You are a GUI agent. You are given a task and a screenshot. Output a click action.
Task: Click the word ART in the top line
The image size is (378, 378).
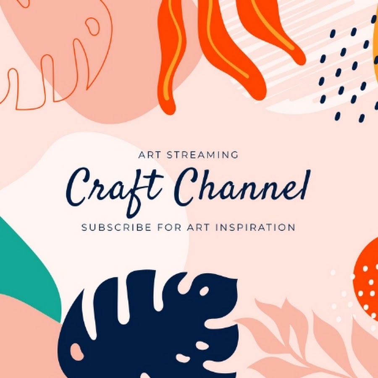(147, 155)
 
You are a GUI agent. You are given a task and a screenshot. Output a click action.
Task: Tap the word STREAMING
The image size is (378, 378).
(202, 155)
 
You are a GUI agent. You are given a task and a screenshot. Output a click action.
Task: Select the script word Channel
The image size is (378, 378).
(242, 187)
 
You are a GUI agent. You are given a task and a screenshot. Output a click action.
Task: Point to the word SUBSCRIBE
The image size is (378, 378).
(116, 227)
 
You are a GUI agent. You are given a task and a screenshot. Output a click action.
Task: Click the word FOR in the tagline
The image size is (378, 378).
(169, 227)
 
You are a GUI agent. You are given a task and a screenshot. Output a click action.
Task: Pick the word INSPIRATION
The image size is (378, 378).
(255, 227)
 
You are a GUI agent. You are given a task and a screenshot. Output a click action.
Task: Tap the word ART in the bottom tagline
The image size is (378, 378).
(198, 227)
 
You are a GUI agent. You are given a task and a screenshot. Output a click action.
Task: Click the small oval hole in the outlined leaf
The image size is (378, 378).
(92, 26)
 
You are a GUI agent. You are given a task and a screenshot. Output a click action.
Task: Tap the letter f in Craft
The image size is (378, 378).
(135, 193)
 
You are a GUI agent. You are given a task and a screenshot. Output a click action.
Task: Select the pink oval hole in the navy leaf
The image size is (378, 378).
(77, 352)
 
